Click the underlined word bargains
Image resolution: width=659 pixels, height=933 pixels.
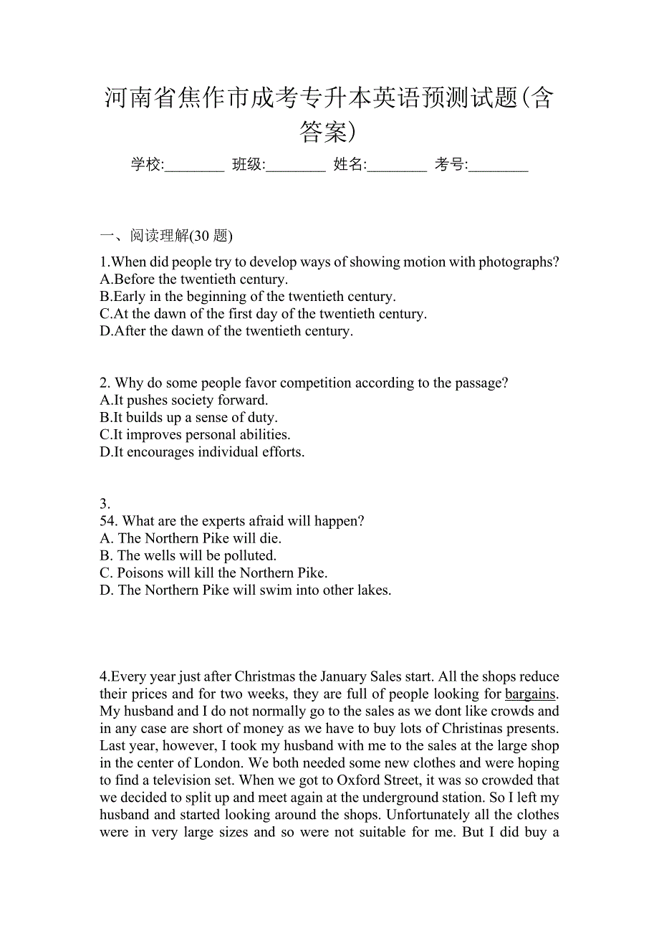(530, 694)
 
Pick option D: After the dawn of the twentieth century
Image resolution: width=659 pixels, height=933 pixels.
(226, 331)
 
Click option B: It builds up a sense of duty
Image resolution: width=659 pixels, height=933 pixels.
(189, 418)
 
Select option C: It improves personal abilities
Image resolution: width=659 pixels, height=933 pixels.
(196, 435)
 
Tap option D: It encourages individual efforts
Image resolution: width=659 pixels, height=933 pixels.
(203, 452)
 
